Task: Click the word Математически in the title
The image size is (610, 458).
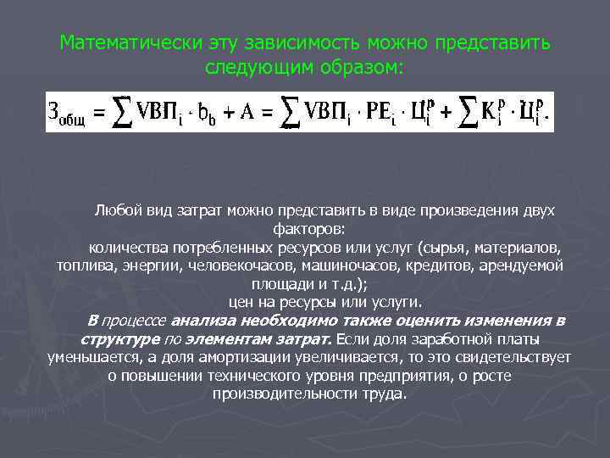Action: point(119,42)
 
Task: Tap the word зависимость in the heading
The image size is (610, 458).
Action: point(316,42)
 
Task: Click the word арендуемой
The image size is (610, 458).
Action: point(525,265)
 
